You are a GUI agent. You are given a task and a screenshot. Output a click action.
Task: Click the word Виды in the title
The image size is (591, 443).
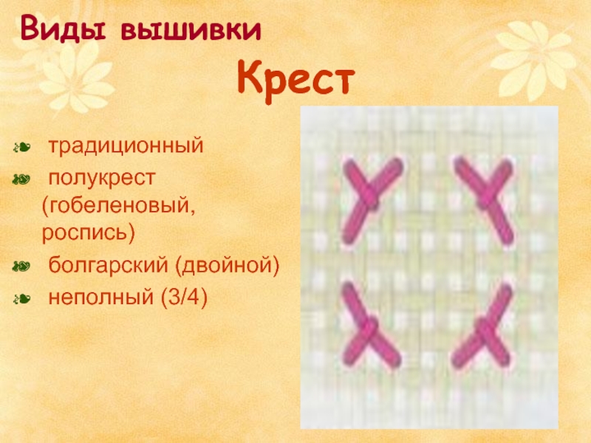point(63,28)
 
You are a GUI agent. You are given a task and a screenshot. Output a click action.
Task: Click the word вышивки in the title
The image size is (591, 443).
point(191,30)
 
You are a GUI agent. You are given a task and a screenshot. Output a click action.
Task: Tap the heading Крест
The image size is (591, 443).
point(296,80)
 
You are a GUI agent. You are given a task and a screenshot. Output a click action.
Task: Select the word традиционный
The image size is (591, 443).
point(126,145)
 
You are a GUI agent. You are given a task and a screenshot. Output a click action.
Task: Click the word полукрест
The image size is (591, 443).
point(102,179)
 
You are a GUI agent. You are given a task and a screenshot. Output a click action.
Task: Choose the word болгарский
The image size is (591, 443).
point(108,265)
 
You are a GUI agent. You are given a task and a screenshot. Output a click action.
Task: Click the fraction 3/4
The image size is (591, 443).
point(184,298)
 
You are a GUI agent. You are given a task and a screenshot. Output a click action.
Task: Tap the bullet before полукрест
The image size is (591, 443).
point(21,179)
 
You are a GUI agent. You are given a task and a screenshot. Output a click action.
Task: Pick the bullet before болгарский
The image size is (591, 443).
point(21,267)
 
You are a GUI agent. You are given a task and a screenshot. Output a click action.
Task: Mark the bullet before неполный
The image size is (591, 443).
point(21,299)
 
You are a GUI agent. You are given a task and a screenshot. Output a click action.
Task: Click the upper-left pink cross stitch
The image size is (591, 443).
point(372,200)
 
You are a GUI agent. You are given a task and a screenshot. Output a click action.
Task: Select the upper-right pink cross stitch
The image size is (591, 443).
point(485,200)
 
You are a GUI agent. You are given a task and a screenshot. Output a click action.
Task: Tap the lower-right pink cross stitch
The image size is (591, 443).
point(482,326)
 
